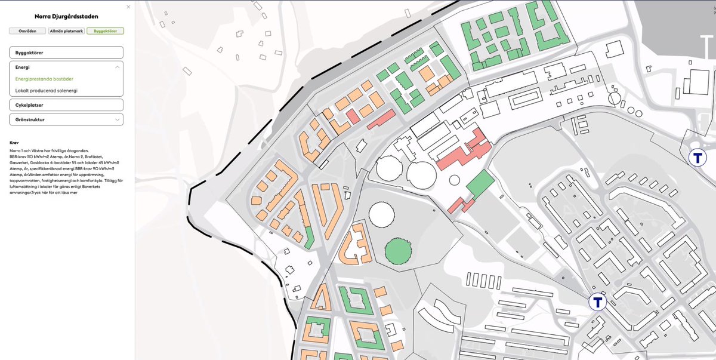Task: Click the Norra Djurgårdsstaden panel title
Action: click(66, 16)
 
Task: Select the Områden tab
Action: click(26, 30)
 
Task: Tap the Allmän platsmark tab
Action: click(66, 30)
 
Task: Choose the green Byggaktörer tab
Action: click(105, 30)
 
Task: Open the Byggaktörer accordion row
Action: click(66, 53)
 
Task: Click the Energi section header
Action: click(66, 67)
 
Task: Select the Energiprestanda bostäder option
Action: click(44, 79)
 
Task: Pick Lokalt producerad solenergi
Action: click(47, 91)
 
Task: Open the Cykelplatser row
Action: click(66, 105)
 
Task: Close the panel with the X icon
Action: click(128, 7)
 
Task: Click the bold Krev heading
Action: click(15, 143)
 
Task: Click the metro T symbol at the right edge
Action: click(697, 158)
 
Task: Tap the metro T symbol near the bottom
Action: click(597, 302)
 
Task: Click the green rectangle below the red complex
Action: click(480, 184)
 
